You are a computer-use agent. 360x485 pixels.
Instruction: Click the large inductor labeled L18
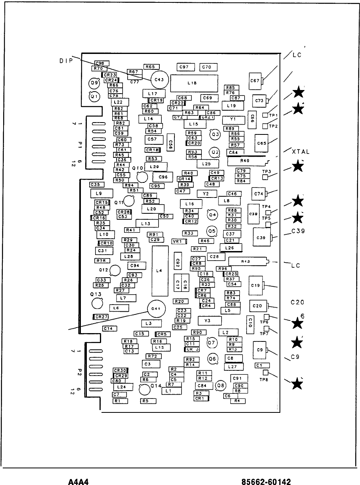[x=194, y=83]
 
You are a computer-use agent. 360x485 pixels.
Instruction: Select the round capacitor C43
[x=159, y=79]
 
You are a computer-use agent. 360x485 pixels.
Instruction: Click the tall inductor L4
[x=159, y=271]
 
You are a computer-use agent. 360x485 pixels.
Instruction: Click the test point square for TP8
[x=266, y=373]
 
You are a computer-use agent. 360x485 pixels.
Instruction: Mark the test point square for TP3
[x=266, y=177]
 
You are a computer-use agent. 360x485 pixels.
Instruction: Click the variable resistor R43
[x=248, y=261]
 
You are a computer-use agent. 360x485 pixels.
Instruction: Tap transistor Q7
[x=211, y=342]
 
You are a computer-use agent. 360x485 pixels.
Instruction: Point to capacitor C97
[x=184, y=67]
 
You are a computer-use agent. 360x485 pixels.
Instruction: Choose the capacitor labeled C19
[x=256, y=285]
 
